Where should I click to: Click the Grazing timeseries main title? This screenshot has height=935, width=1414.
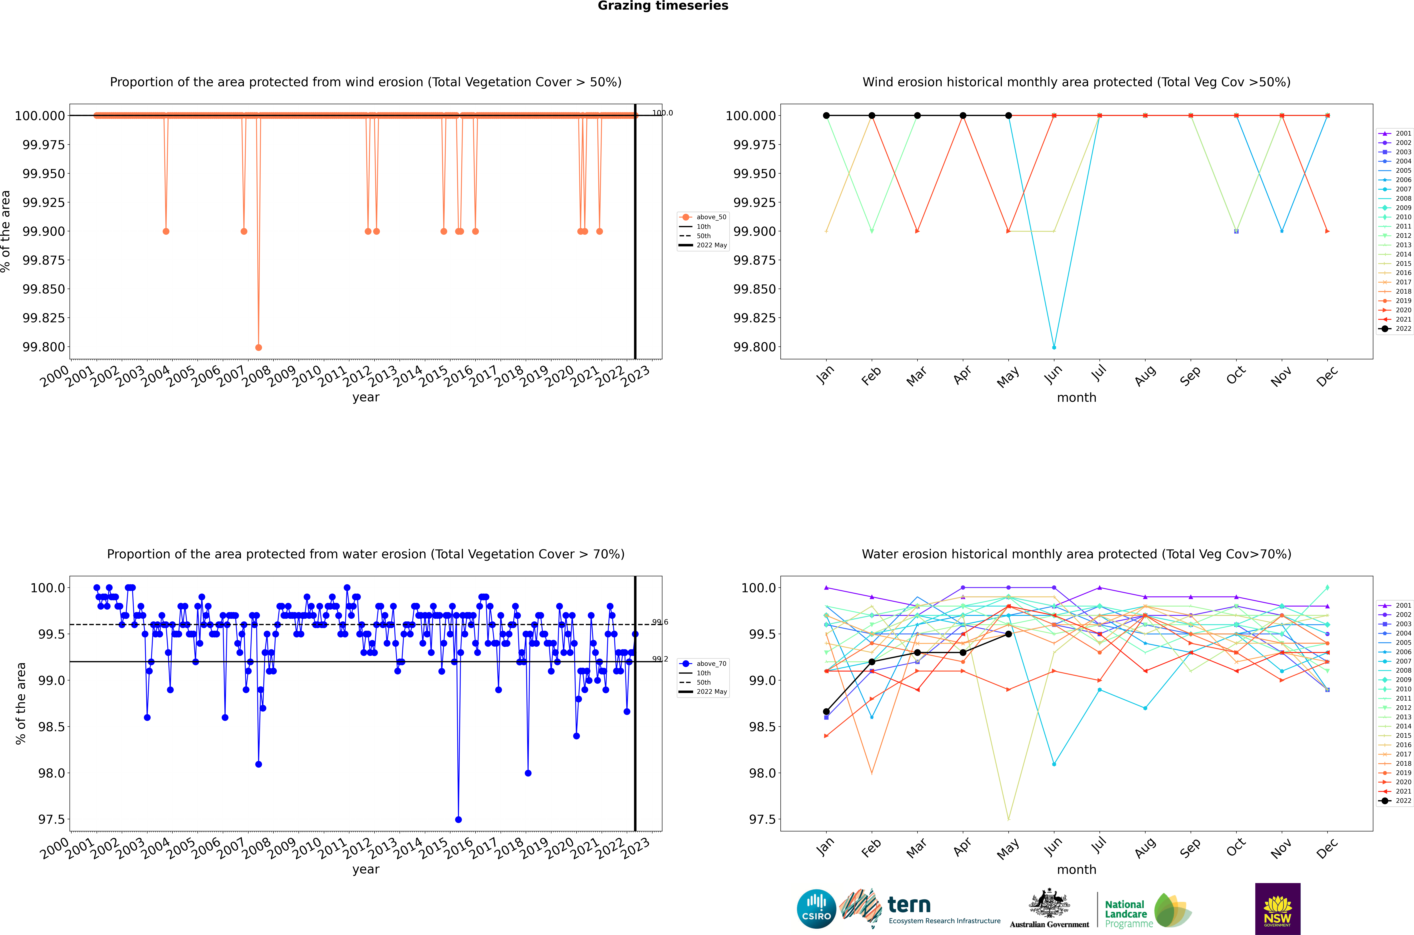pyautogui.click(x=663, y=6)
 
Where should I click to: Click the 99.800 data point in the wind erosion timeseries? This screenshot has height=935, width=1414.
pyautogui.click(x=258, y=347)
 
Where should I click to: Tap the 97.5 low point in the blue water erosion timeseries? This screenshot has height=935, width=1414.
pyautogui.click(x=458, y=819)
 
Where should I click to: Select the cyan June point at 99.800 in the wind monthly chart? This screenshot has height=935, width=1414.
pyautogui.click(x=1054, y=347)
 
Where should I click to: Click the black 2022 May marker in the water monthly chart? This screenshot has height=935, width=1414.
pyautogui.click(x=1008, y=634)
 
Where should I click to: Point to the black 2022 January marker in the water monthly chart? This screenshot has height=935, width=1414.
pyautogui.click(x=826, y=711)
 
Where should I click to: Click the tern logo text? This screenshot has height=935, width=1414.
pyautogui.click(x=909, y=905)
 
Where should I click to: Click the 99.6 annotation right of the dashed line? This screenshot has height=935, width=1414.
pyautogui.click(x=660, y=622)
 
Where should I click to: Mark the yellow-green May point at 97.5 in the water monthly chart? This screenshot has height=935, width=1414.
pyautogui.click(x=1008, y=819)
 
